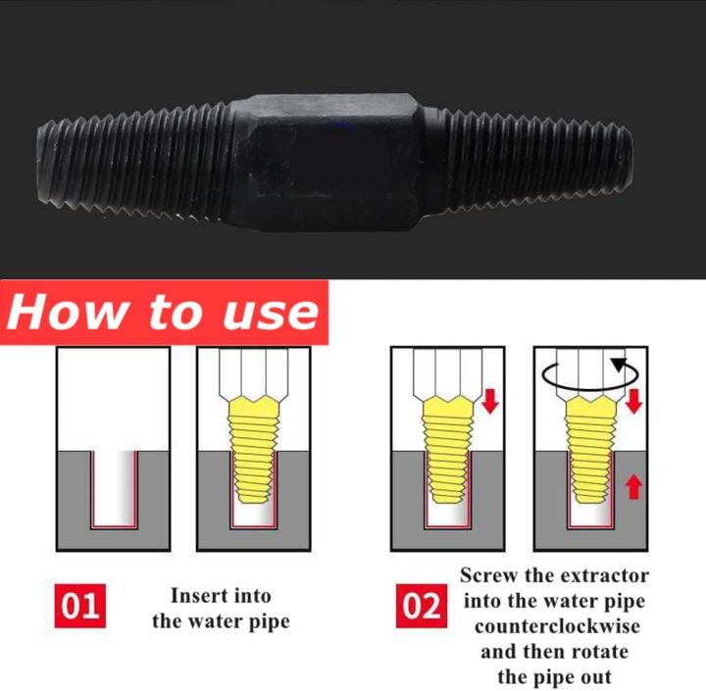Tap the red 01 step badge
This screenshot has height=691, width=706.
[x=81, y=607]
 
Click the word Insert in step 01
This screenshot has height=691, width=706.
[x=201, y=595]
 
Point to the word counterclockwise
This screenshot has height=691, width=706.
[x=554, y=625]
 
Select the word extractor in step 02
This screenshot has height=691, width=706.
[x=597, y=575]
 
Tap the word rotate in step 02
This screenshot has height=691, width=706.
[x=596, y=651]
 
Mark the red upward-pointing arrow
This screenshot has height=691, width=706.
[x=633, y=484]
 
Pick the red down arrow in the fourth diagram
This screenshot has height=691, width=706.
[x=633, y=401]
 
